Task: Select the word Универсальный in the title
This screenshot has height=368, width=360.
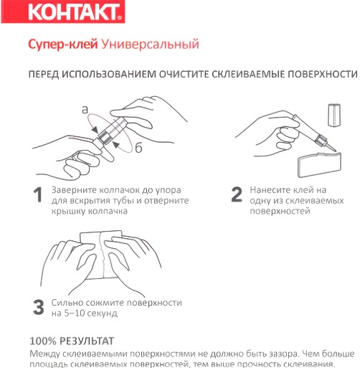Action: (x=149, y=45)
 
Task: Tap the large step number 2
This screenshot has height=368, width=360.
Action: (x=236, y=195)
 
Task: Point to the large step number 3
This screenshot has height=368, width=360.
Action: (x=38, y=308)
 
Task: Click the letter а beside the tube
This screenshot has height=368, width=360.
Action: (x=85, y=110)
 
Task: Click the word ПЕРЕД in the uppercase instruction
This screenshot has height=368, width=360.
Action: (x=47, y=75)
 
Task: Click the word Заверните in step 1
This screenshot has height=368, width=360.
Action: (x=75, y=190)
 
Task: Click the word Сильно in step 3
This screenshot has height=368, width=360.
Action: (x=68, y=303)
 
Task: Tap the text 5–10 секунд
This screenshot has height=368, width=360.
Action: (x=90, y=313)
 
